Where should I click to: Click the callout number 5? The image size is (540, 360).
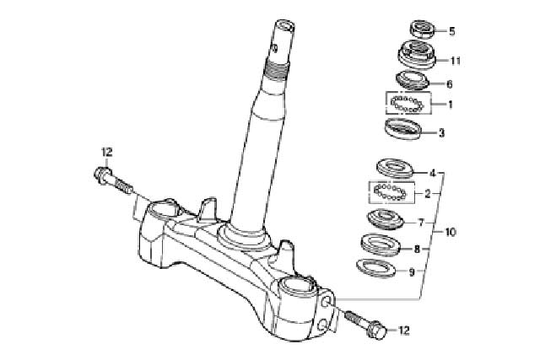[x=452, y=31]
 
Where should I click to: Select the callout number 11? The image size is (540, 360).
[x=456, y=61]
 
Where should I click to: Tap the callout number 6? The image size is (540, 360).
[x=449, y=84]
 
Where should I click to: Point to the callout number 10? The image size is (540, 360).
[x=451, y=232]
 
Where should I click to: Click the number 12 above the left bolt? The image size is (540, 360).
[x=107, y=152]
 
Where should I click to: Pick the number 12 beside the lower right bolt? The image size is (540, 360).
[x=403, y=330]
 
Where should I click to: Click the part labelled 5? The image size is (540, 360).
[x=423, y=29]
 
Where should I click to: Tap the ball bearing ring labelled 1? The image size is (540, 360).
[x=407, y=104]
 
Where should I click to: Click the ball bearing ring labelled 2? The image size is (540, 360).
[x=391, y=192]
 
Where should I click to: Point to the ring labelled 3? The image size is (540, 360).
[x=402, y=129]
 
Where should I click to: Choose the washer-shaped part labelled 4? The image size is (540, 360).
[x=395, y=168]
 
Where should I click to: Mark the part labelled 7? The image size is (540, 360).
[x=385, y=219]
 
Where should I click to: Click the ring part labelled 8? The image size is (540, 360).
[x=381, y=244]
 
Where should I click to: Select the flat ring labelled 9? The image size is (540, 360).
[x=375, y=268]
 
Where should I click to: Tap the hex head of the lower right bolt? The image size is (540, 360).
[x=377, y=330]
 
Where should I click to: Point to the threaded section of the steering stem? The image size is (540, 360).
[x=277, y=73]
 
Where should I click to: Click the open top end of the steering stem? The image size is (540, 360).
[x=285, y=26]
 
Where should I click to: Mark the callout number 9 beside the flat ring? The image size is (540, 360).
[x=412, y=272]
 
